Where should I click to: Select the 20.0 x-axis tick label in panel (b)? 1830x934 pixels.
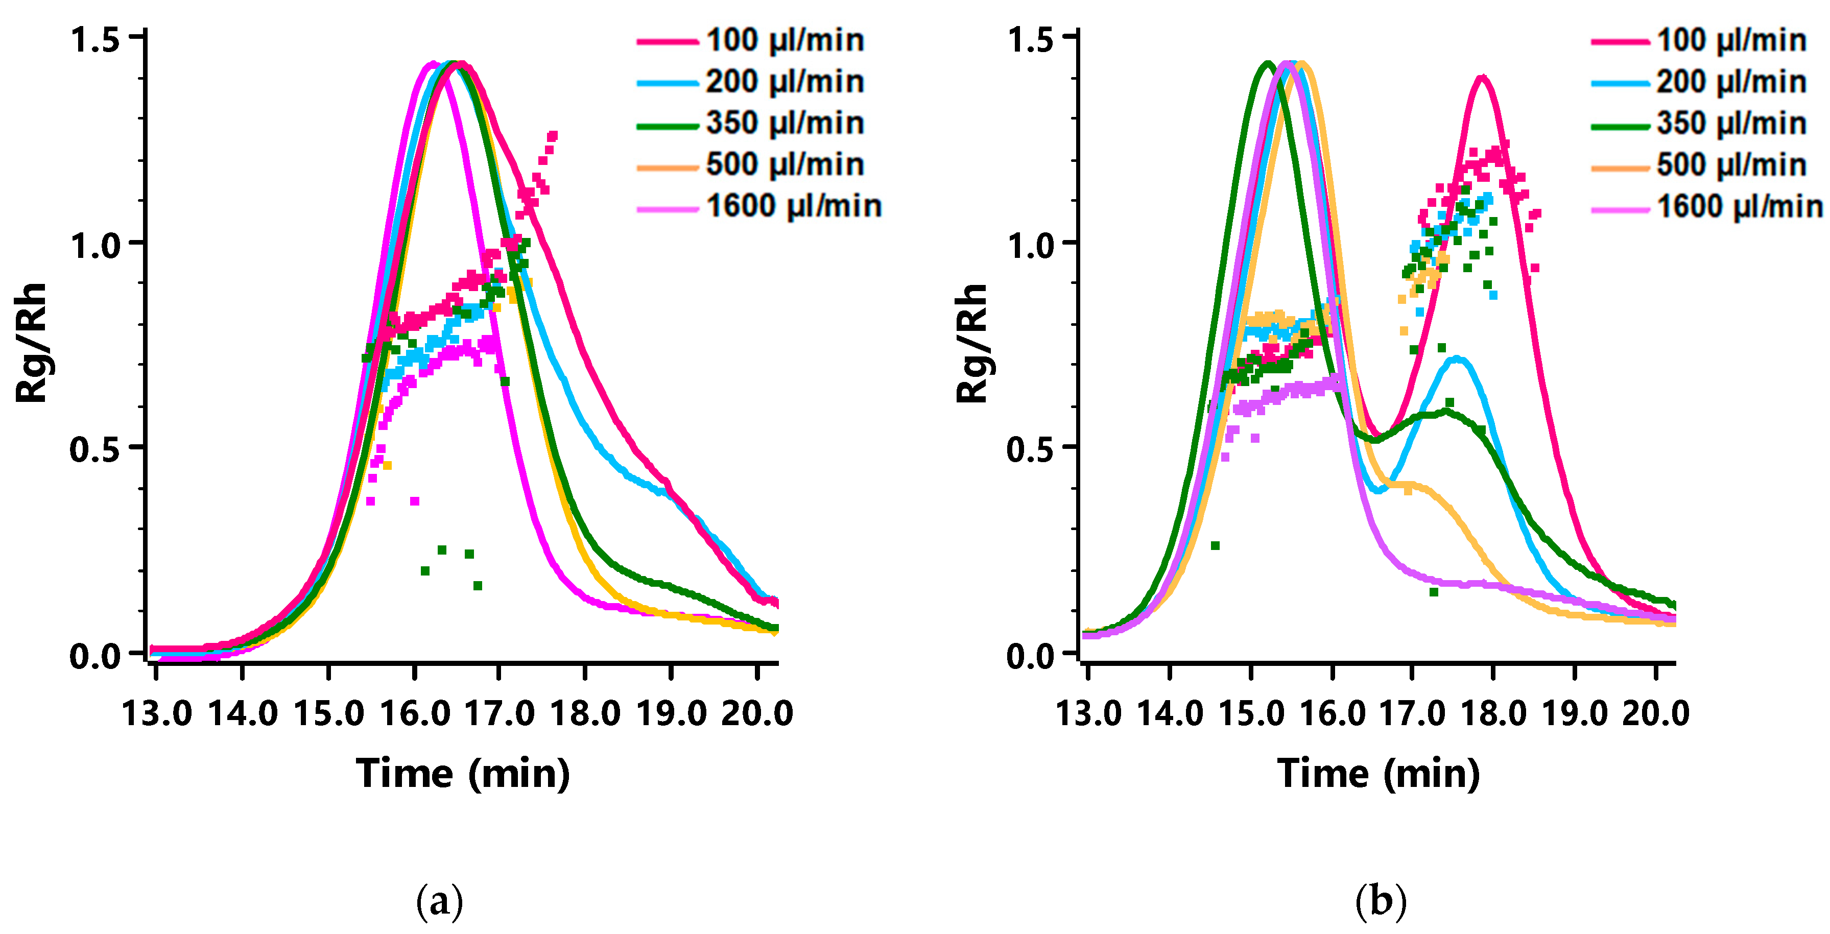coord(1655,712)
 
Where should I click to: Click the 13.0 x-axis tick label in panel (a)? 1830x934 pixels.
coord(156,712)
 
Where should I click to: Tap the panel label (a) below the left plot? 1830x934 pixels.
coord(439,901)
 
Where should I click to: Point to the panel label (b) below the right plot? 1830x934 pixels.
coord(1381,901)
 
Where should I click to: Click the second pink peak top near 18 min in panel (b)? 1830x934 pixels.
coord(1482,78)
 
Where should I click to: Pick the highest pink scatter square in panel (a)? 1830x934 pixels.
coord(553,135)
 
